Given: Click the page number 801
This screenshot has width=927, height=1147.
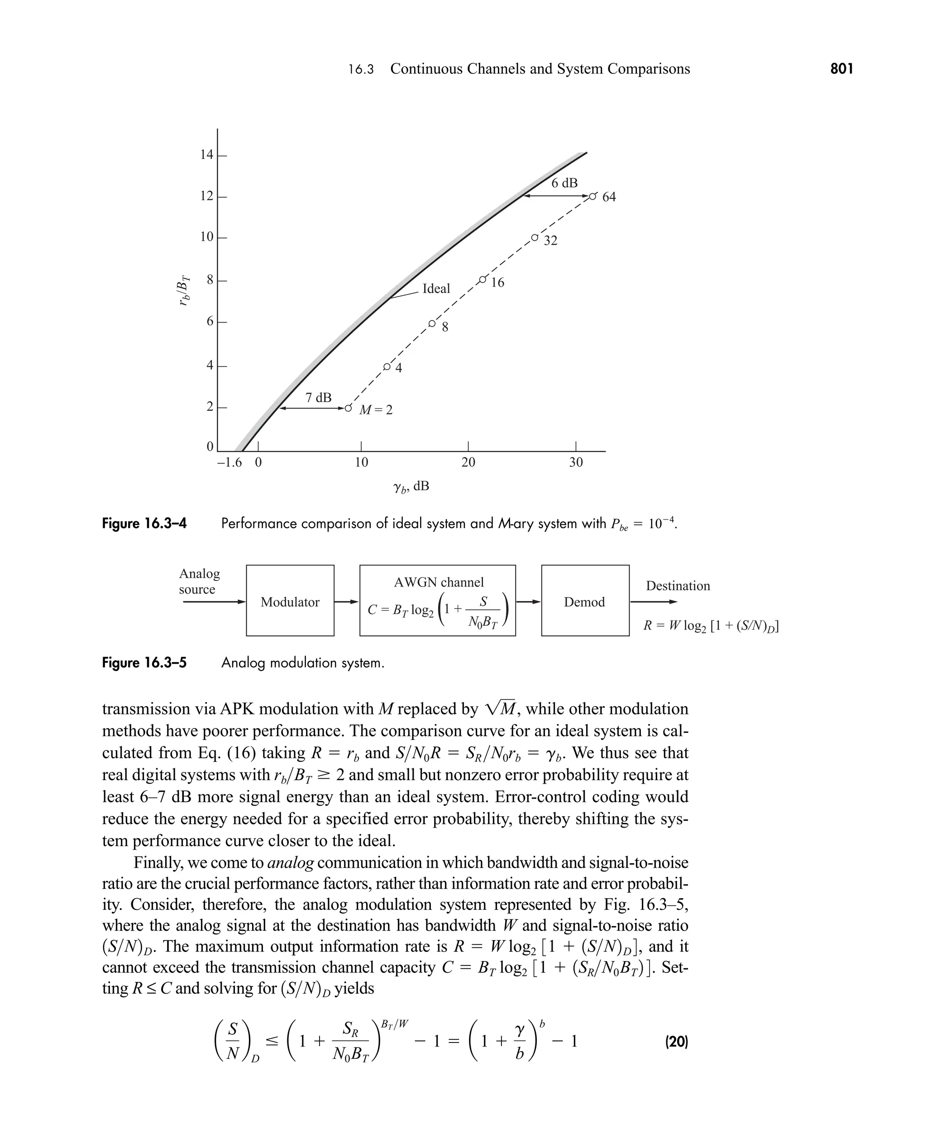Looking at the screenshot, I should pos(841,69).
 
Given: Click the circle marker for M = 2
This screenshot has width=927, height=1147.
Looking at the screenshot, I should pos(348,408).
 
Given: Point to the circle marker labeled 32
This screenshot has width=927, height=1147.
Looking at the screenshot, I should pos(534,237).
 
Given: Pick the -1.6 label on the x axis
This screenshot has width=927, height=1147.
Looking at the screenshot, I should pos(229,462).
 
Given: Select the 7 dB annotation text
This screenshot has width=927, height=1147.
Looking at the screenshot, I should pos(318,398).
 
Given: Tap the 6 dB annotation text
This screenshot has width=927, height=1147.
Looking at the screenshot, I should pos(564,183).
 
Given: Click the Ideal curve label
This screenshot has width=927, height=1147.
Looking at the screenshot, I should pos(436,289).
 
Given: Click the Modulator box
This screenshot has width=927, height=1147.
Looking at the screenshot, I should pos(290,601).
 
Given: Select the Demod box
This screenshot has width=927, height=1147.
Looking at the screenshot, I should pos(585,601).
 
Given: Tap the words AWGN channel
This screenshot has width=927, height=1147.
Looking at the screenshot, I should pos(439,582).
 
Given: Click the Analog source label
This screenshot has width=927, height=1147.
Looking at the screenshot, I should pos(199,581).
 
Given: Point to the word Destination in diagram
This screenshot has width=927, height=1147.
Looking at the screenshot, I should pos(678,585).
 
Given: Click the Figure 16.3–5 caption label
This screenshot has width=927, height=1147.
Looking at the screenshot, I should pos(144,663).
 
